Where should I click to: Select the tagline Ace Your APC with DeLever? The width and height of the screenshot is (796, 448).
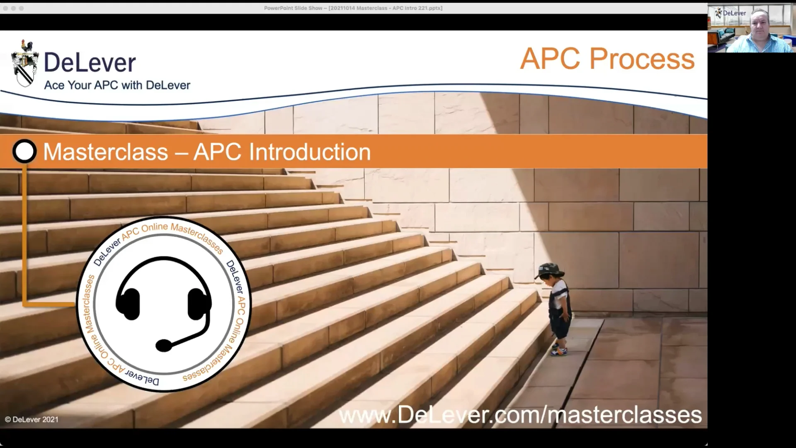117,85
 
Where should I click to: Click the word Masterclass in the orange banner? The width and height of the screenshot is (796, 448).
106,152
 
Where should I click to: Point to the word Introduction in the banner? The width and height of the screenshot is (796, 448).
310,152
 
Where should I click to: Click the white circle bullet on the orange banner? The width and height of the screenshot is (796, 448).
24,151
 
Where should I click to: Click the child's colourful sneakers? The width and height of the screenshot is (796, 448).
558,351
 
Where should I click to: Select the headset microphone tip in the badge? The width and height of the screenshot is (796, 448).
163,345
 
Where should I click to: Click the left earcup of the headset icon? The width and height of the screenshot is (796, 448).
128,304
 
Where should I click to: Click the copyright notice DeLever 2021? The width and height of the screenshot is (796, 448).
32,420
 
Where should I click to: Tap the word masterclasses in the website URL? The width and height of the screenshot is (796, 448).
625,415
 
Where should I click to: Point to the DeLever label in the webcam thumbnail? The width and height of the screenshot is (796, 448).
734,13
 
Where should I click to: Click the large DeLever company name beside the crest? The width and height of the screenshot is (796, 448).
90,63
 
